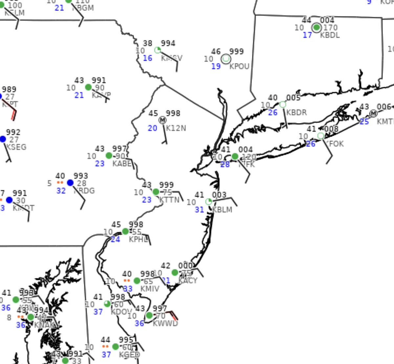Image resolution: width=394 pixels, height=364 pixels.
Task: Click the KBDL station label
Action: [x=330, y=35]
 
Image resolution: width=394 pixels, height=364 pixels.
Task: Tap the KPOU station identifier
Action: [x=239, y=66]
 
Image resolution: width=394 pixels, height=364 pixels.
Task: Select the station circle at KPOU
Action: [x=226, y=59]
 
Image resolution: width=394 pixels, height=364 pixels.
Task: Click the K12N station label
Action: [x=176, y=128]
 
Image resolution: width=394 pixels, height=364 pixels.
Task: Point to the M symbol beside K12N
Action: [x=163, y=120]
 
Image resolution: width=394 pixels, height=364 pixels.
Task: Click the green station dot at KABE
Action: [x=109, y=156]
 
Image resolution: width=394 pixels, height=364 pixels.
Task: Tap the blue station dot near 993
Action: [x=70, y=183]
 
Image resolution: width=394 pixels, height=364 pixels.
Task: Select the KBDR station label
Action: [x=296, y=113]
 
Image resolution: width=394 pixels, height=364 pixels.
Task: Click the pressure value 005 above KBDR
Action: [x=293, y=98]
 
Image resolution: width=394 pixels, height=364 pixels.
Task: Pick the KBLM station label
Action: [x=222, y=210]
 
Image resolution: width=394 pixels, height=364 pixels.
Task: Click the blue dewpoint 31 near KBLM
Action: [x=200, y=210]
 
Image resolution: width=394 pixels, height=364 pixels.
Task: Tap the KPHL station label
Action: [x=138, y=240]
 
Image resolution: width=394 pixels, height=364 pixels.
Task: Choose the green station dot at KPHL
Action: [x=125, y=232]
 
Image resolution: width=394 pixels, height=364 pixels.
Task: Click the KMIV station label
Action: [x=150, y=289]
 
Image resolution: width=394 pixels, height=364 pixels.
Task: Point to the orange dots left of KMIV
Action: [x=127, y=281]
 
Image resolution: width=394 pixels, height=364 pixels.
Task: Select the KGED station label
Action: [x=129, y=355]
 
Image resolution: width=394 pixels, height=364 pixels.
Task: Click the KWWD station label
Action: [x=165, y=324]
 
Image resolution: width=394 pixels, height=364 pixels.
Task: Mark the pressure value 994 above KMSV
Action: [x=168, y=43]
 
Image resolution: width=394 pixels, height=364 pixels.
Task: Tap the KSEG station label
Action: [x=16, y=147]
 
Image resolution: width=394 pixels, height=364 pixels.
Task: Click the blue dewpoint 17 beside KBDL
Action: [x=307, y=35]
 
